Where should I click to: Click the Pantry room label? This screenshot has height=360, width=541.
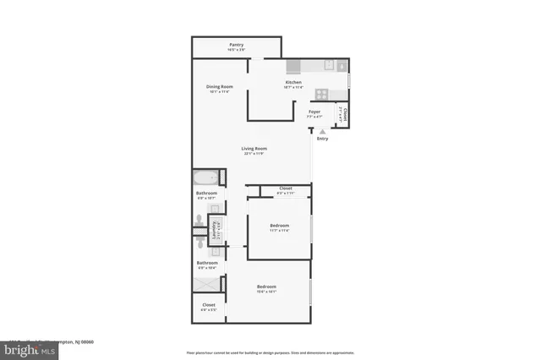[237, 46]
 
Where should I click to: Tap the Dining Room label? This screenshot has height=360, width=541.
[218, 88]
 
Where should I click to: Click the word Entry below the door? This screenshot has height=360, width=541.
[322, 139]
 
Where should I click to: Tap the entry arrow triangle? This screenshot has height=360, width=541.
[321, 132]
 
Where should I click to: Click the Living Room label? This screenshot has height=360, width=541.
[254, 150]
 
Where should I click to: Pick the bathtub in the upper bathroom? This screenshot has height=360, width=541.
[206, 178]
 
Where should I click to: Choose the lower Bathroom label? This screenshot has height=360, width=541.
[207, 264]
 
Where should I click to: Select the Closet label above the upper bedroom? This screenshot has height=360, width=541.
[285, 190]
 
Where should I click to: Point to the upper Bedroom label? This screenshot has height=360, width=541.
[280, 226]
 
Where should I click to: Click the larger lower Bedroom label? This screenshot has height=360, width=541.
[267, 288]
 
